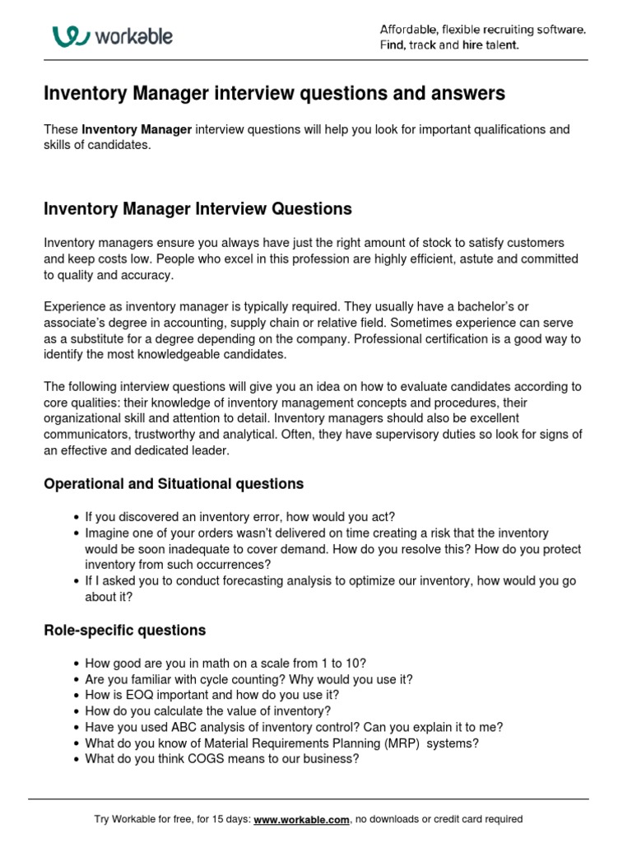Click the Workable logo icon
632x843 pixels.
[x=71, y=36]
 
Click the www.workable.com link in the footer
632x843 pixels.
[x=302, y=819]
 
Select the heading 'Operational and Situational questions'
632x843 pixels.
[x=174, y=484]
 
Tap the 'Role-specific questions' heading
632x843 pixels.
[x=124, y=631]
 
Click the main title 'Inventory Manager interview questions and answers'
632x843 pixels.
[x=274, y=95]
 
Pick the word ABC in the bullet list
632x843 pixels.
[x=185, y=727]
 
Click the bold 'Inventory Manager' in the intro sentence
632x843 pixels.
[x=137, y=130]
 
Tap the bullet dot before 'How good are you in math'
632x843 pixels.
[x=77, y=664]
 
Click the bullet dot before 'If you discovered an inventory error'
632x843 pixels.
[x=77, y=517]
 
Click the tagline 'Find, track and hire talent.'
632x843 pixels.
[x=449, y=45]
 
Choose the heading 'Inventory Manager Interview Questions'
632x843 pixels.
[x=197, y=209]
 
